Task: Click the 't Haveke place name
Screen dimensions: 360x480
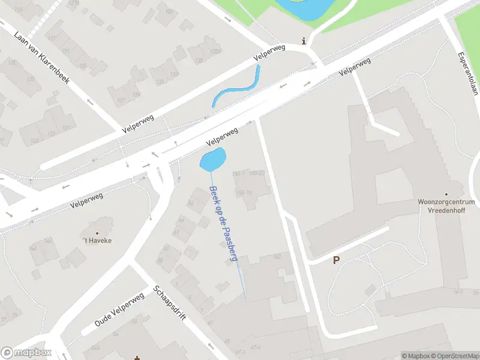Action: pyautogui.click(x=97, y=240)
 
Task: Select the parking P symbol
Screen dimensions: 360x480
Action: pyautogui.click(x=336, y=260)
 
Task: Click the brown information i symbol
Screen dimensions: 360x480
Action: pyautogui.click(x=304, y=41)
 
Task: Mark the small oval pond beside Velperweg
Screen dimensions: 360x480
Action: pyautogui.click(x=213, y=160)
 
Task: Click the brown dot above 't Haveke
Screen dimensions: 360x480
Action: pyautogui.click(x=97, y=233)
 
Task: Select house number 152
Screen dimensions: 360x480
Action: pyautogui.click(x=277, y=256)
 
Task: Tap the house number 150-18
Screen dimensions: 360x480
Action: pyautogui.click(x=244, y=192)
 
